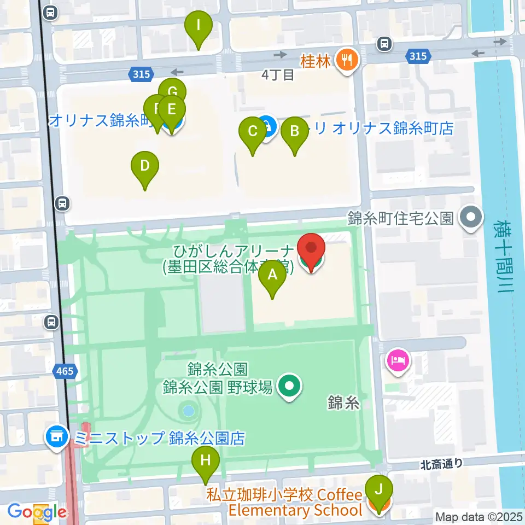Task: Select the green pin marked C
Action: pos(253,132)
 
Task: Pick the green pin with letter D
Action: pos(145,166)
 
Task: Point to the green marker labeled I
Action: pos(199,26)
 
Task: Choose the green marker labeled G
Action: pos(172,91)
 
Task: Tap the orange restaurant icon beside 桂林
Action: pos(346,60)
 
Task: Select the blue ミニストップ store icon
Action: pos(56,438)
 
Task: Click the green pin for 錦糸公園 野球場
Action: pos(288,388)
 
